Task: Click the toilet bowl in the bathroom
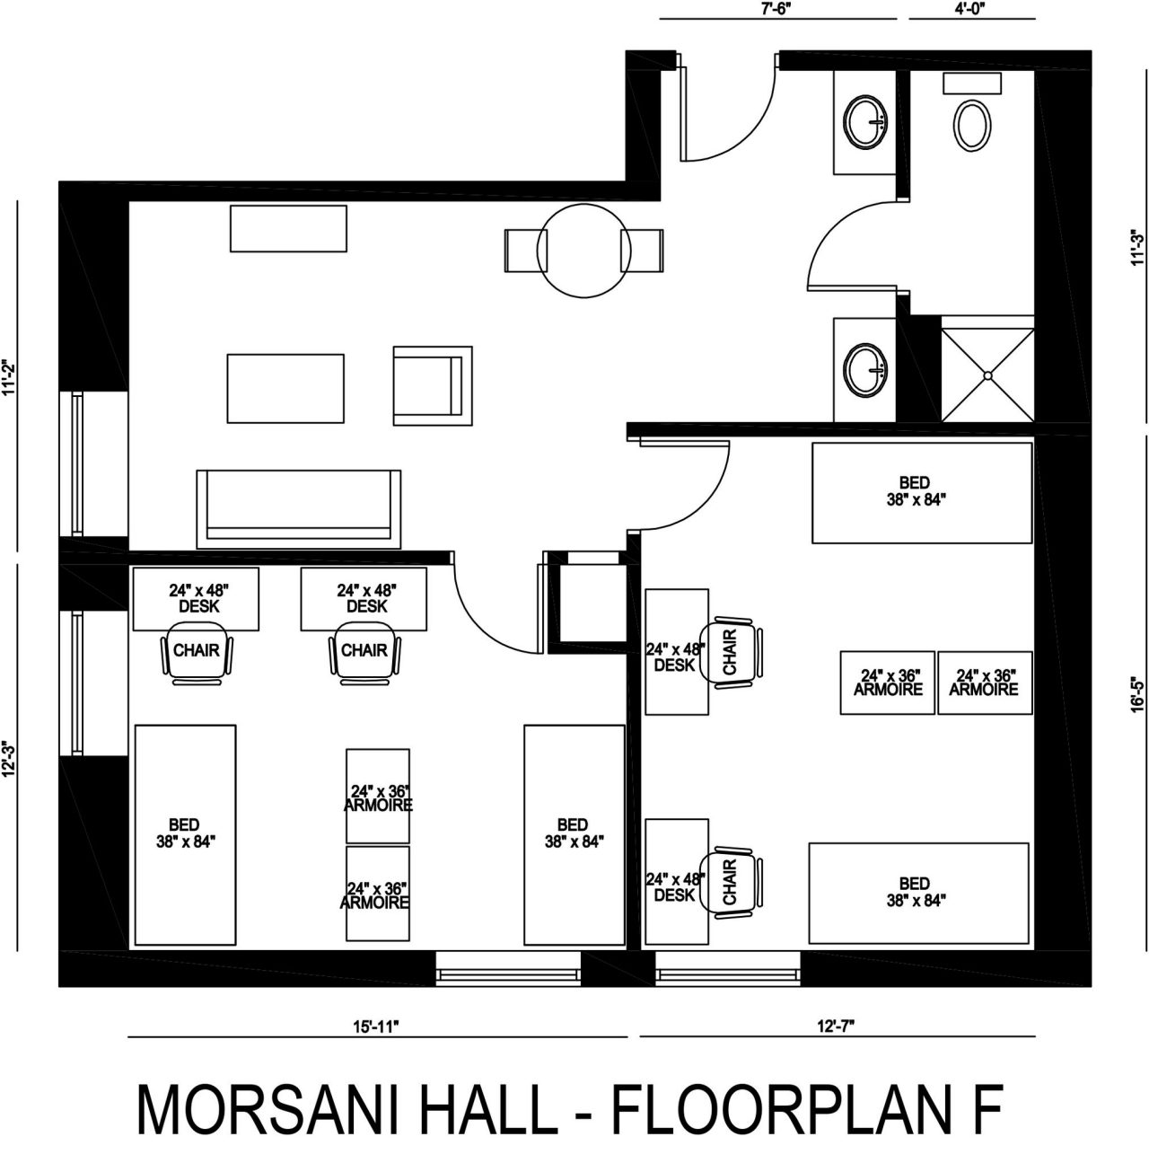pyautogui.click(x=972, y=126)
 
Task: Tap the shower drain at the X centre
pyautogui.click(x=988, y=375)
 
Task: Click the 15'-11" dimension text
pyautogui.click(x=377, y=1026)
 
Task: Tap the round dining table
pyautogui.click(x=583, y=251)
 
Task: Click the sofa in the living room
pyautogui.click(x=299, y=509)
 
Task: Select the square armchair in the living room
pyautogui.click(x=433, y=385)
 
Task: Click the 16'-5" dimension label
pyautogui.click(x=1137, y=696)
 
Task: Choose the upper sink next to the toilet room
pyautogui.click(x=866, y=121)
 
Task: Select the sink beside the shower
pyautogui.click(x=866, y=369)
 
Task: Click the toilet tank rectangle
pyautogui.click(x=972, y=84)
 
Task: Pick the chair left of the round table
pyautogui.click(x=526, y=251)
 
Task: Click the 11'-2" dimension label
pyautogui.click(x=10, y=378)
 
